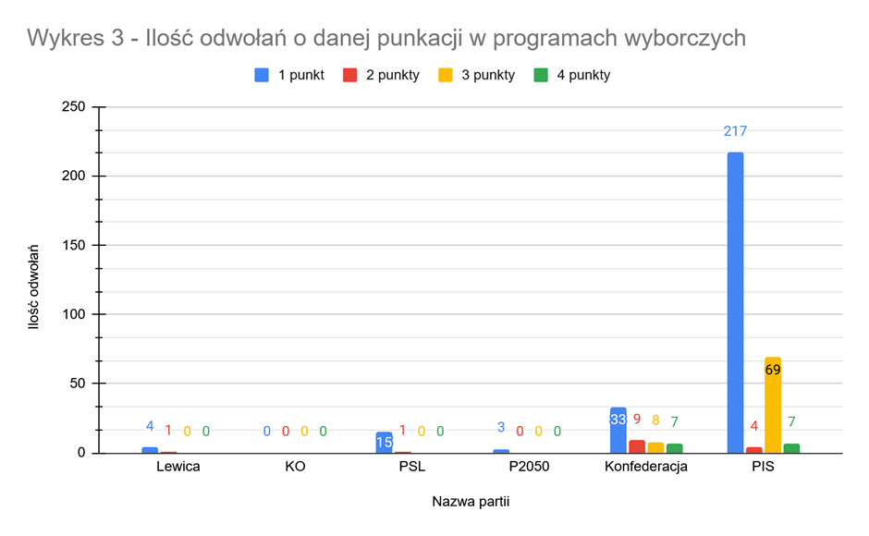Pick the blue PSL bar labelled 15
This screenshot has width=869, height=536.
coord(384,442)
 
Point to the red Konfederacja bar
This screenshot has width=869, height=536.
coord(637,446)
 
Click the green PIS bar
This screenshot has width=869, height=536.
coord(791,448)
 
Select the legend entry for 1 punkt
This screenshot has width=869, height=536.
coord(289,75)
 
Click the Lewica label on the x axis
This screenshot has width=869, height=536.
coord(177,467)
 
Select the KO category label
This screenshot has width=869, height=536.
coord(295,467)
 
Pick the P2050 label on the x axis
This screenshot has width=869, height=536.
coord(529,467)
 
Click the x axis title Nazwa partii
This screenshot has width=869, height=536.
coord(471,502)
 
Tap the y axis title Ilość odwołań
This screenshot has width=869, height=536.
coord(34,286)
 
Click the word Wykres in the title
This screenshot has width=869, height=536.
coord(67,38)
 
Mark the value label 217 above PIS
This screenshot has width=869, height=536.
coord(735,131)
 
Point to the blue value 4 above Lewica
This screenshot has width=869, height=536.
coord(150,426)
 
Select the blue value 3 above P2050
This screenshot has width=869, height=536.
coord(501,428)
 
